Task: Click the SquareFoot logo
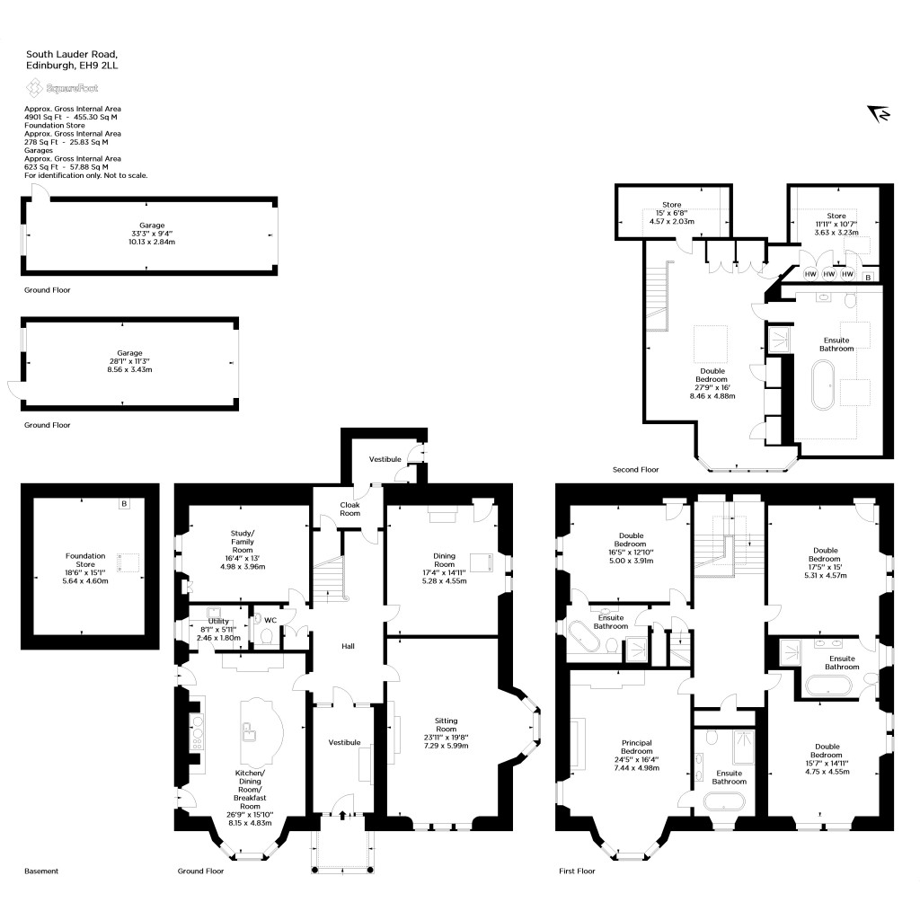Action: (x=61, y=88)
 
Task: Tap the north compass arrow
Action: (x=878, y=113)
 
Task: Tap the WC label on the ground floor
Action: (x=270, y=619)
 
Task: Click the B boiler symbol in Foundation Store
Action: (x=124, y=504)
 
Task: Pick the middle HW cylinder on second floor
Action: (x=829, y=273)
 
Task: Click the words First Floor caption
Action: (x=577, y=871)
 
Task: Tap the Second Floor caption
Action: (x=635, y=470)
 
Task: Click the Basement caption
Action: (x=41, y=871)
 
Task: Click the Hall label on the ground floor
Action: (x=349, y=646)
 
